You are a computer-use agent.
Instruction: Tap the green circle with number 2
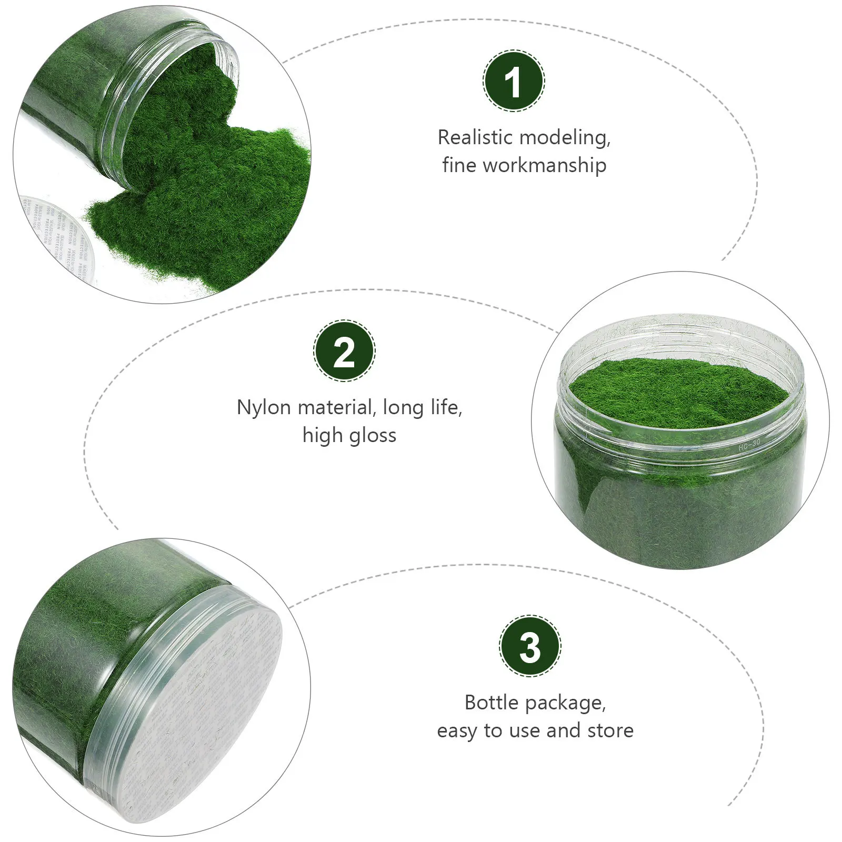(x=344, y=351)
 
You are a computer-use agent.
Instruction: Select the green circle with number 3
(x=530, y=646)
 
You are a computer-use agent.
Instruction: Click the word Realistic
(x=475, y=137)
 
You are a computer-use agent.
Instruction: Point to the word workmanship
(x=545, y=165)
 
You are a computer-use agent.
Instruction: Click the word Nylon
(x=265, y=407)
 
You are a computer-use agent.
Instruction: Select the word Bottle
(x=492, y=703)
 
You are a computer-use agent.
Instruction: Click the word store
(x=610, y=730)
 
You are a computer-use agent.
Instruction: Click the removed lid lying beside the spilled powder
(x=53, y=232)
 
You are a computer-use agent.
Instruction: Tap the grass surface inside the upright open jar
(x=679, y=389)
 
